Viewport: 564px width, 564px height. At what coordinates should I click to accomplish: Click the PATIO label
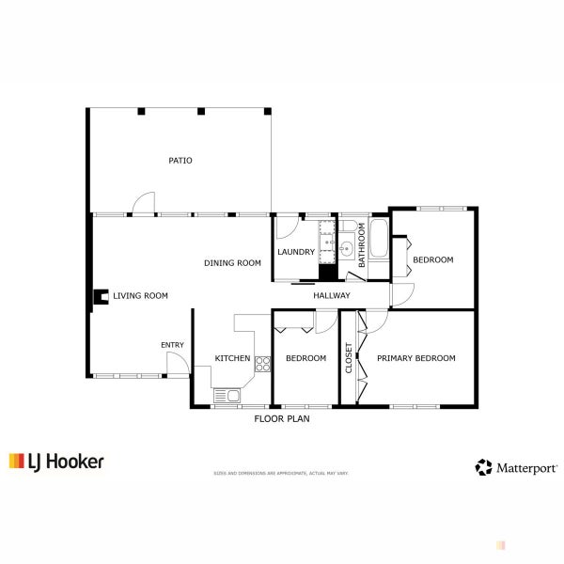pyautogui.click(x=180, y=161)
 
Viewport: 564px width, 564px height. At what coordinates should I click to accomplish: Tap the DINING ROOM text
pyautogui.click(x=232, y=263)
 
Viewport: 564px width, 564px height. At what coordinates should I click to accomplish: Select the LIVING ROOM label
pyautogui.click(x=140, y=296)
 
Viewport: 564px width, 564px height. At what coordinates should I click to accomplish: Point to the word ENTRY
pyautogui.click(x=172, y=345)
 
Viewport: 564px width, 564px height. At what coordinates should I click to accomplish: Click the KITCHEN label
pyautogui.click(x=232, y=358)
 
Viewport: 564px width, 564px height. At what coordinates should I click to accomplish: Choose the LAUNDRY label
pyautogui.click(x=295, y=252)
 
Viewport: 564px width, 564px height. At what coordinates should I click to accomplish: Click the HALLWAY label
pyautogui.click(x=332, y=296)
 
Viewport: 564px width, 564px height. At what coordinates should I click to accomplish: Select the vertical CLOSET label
pyautogui.click(x=349, y=358)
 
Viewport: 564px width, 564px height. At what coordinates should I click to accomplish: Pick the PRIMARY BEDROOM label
pyautogui.click(x=415, y=358)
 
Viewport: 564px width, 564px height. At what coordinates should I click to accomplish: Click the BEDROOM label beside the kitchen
pyautogui.click(x=305, y=358)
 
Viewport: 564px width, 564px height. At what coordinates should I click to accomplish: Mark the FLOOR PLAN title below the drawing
pyautogui.click(x=282, y=419)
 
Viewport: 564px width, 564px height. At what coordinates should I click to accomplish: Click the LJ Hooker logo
pyautogui.click(x=56, y=462)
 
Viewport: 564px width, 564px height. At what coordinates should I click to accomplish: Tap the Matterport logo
pyautogui.click(x=517, y=466)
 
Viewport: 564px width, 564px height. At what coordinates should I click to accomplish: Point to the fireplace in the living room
pyautogui.click(x=98, y=297)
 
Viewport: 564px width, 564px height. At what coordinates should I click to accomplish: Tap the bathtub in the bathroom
pyautogui.click(x=378, y=240)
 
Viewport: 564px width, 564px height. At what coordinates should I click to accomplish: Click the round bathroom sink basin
pyautogui.click(x=346, y=249)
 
